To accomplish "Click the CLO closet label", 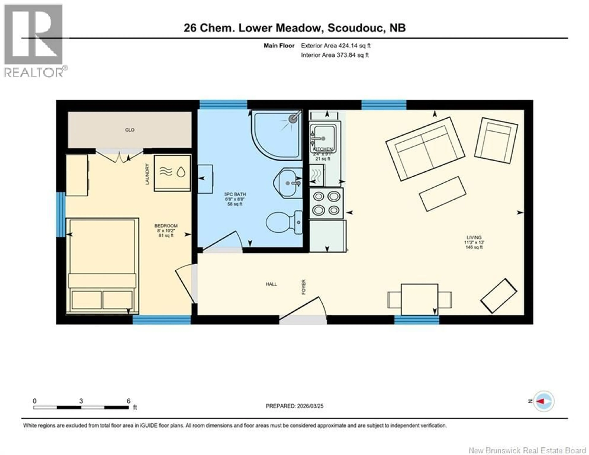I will (130, 130).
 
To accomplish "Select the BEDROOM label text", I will (166, 226).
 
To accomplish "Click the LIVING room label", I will (474, 237).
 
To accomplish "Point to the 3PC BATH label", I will (235, 194).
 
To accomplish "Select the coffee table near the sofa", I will (443, 194).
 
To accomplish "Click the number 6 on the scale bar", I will (129, 401).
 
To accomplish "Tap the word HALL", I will (271, 284).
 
